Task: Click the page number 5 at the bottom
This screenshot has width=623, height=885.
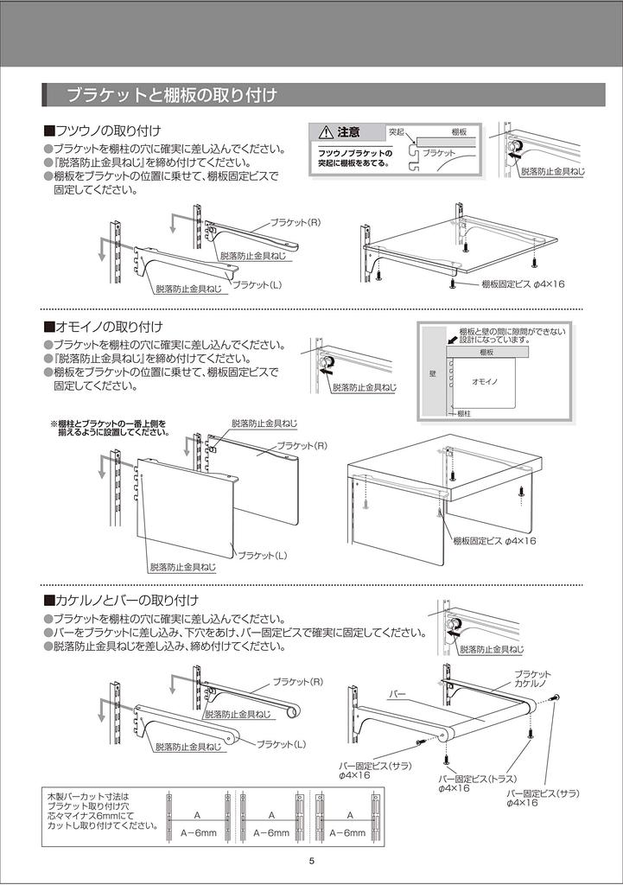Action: [311, 860]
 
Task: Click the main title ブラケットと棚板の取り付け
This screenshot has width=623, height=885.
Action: [172, 94]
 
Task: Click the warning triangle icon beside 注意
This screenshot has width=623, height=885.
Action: [325, 132]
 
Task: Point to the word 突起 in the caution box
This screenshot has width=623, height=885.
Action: [396, 132]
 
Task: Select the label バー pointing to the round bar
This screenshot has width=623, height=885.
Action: [397, 693]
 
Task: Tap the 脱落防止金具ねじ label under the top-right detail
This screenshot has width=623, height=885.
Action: [552, 172]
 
